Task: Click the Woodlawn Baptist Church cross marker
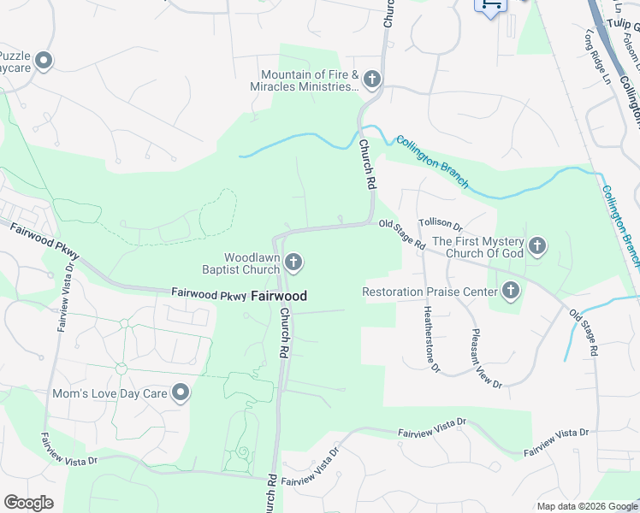293,262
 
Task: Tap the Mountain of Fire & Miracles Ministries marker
371,80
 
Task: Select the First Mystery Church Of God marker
536,247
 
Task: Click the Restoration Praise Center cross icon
511,292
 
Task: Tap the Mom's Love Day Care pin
181,393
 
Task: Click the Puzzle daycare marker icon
45,61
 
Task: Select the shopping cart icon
491,5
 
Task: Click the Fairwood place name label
279,296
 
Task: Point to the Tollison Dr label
441,225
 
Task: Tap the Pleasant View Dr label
485,357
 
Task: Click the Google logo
28,503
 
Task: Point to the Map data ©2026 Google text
586,506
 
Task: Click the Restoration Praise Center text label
430,292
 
